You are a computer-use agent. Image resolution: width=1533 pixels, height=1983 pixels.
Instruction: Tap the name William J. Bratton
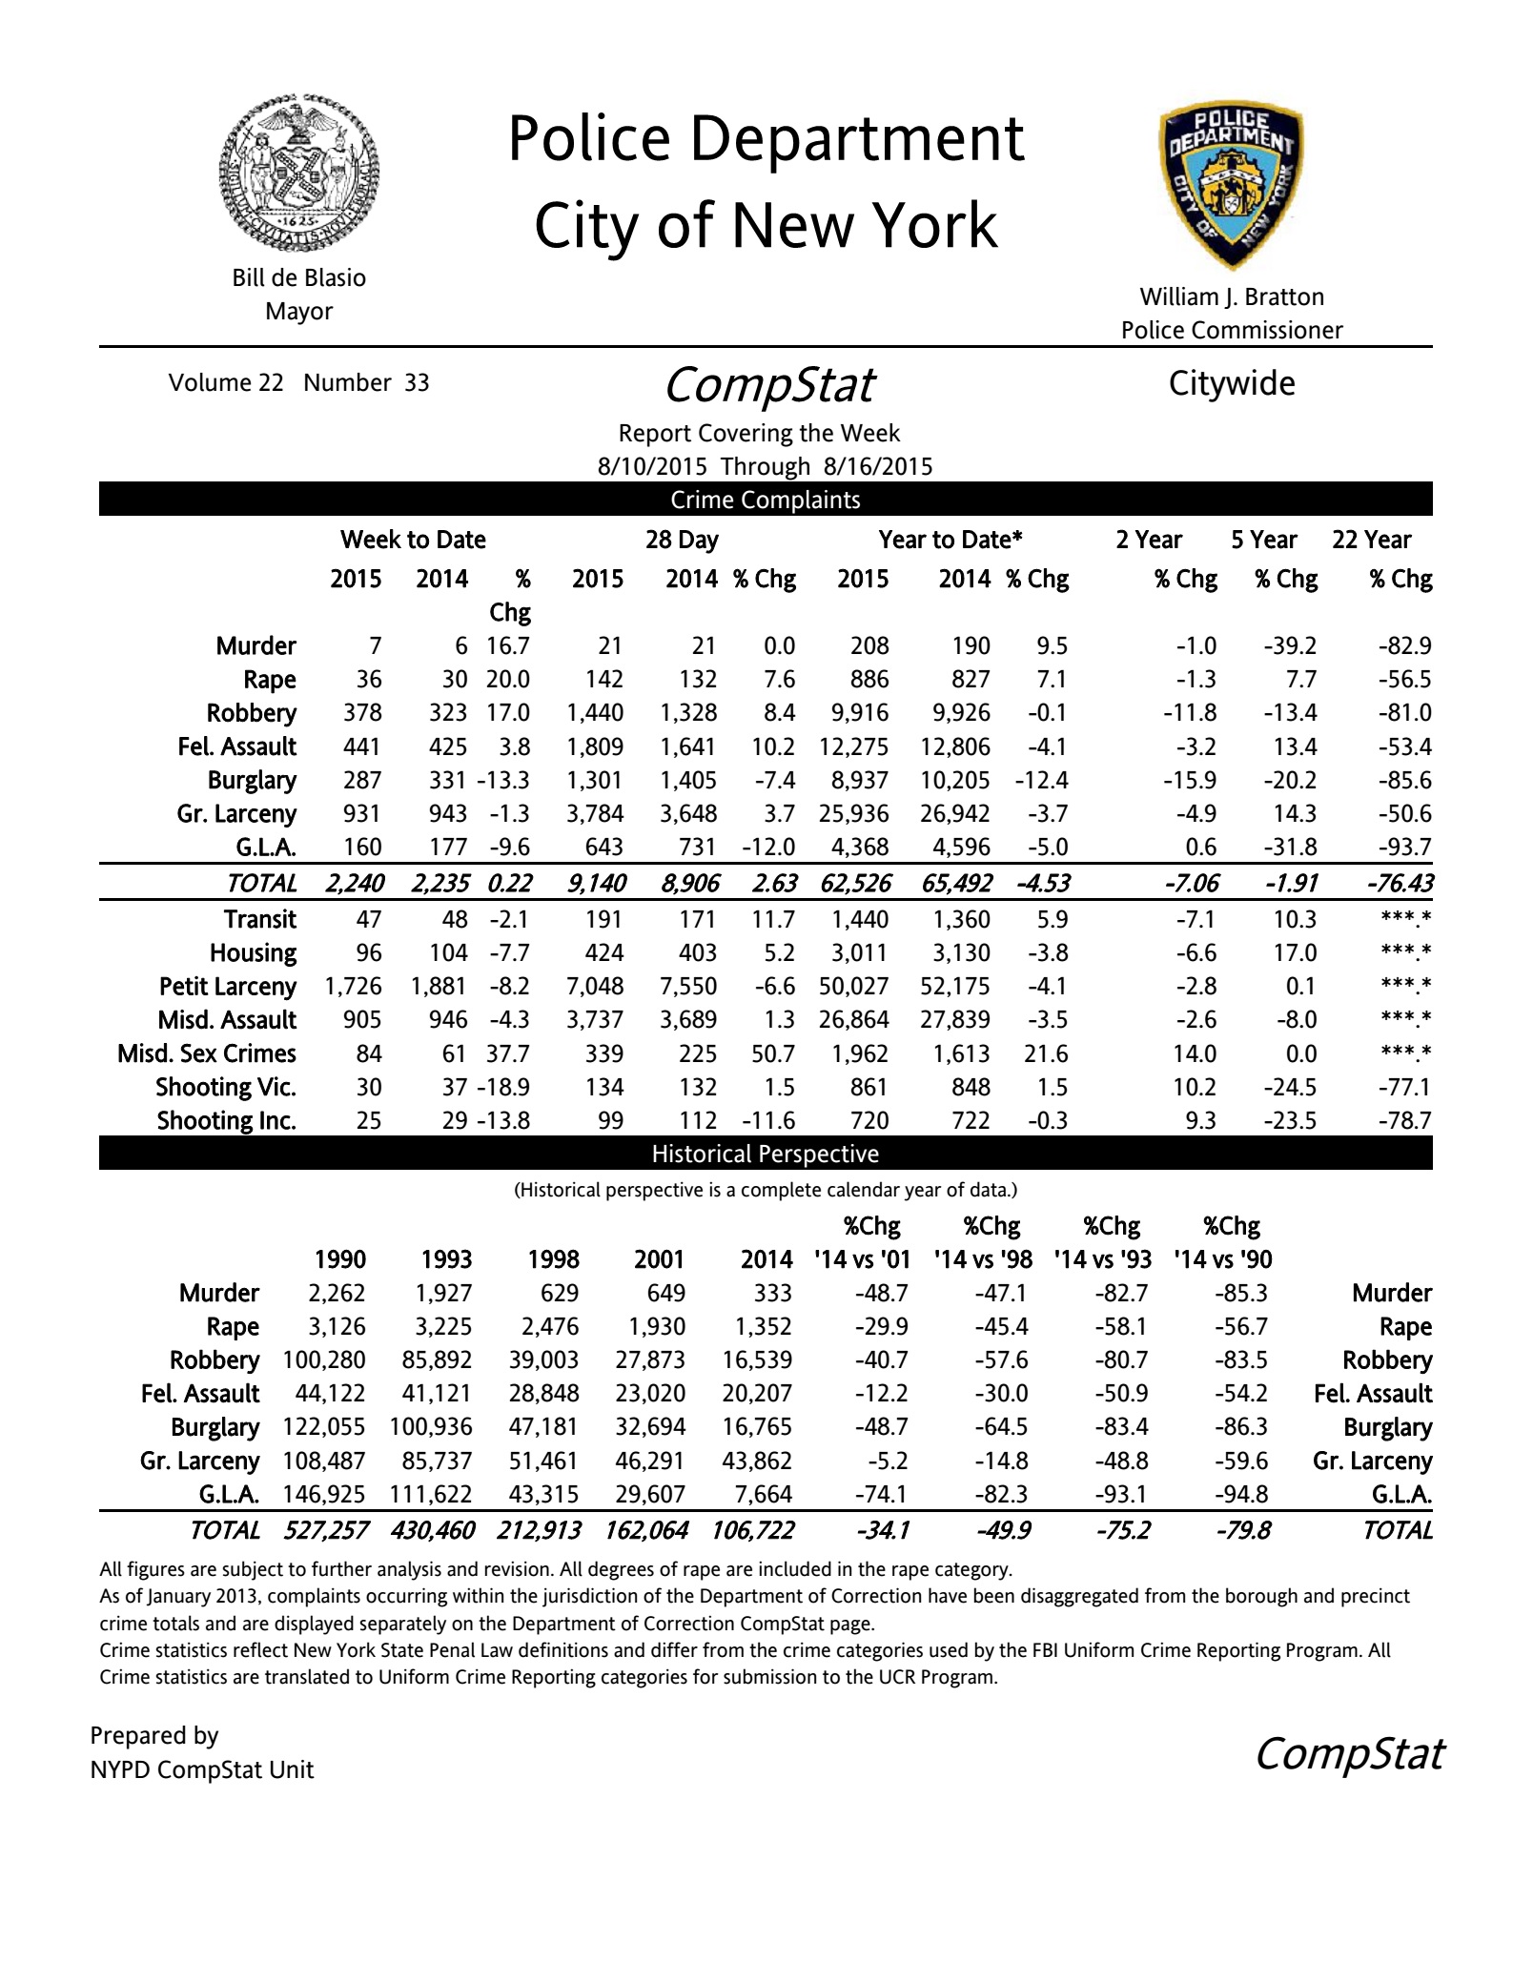click(1232, 296)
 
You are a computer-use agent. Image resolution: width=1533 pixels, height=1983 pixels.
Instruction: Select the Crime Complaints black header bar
click(766, 500)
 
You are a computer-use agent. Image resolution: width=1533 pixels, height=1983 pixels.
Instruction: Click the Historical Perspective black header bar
click(766, 1154)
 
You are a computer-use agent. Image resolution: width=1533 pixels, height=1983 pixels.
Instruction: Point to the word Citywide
click(1232, 383)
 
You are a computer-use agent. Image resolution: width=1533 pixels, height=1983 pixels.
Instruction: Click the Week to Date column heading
click(413, 540)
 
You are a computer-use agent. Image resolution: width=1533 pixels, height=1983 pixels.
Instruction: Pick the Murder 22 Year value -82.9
click(1404, 645)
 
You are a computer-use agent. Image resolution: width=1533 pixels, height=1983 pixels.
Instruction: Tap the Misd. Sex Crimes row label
click(207, 1053)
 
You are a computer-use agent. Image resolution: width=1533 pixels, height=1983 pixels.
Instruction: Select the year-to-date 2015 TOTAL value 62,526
click(855, 883)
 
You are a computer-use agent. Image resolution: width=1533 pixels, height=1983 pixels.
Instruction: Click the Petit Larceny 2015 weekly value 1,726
click(353, 986)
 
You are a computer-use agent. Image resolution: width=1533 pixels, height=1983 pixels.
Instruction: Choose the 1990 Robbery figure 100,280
click(324, 1359)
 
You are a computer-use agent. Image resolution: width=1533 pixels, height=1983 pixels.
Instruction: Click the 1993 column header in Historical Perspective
click(446, 1259)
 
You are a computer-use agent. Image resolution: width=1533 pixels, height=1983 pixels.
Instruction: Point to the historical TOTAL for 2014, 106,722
click(752, 1530)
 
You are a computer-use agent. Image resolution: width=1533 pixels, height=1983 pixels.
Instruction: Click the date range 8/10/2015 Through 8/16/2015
click(765, 466)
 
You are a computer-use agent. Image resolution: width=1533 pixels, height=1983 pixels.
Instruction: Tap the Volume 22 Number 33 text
click(298, 382)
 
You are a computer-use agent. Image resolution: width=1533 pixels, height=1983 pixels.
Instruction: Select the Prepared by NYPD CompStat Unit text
click(202, 1752)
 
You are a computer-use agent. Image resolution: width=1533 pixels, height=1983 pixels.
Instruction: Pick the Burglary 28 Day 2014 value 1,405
click(688, 780)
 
